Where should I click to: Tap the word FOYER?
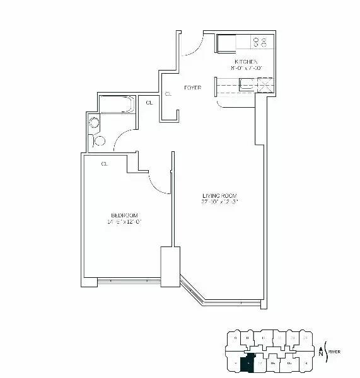(x=193, y=88)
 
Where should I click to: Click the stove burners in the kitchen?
(x=260, y=42)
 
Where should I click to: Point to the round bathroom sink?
(x=95, y=123)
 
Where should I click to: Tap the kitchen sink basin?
(x=247, y=84)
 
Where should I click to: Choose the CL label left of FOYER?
(x=168, y=94)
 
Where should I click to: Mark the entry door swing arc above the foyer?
(x=192, y=47)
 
